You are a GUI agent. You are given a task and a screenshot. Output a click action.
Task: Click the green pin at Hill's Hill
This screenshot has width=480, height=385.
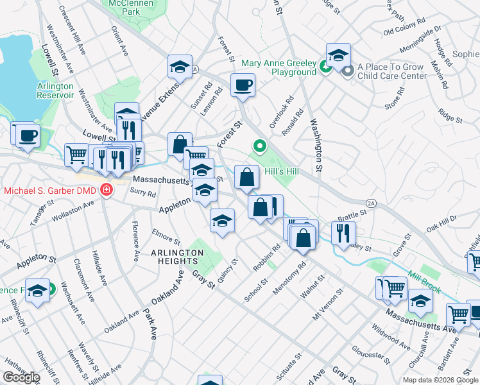pos(260,148)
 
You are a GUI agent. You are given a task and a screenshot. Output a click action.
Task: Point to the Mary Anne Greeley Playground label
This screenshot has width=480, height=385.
pos(279,67)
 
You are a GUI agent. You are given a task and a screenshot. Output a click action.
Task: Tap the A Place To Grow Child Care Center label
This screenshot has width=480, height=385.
pos(392,71)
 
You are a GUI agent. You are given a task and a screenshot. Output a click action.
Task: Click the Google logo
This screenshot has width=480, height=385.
pos(21,377)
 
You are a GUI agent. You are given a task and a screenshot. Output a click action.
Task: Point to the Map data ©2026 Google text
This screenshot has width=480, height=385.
pos(440,380)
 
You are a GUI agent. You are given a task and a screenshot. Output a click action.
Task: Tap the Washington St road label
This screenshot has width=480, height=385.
pos(315,145)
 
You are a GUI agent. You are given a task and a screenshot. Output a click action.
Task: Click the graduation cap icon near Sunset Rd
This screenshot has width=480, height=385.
pos(180,66)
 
